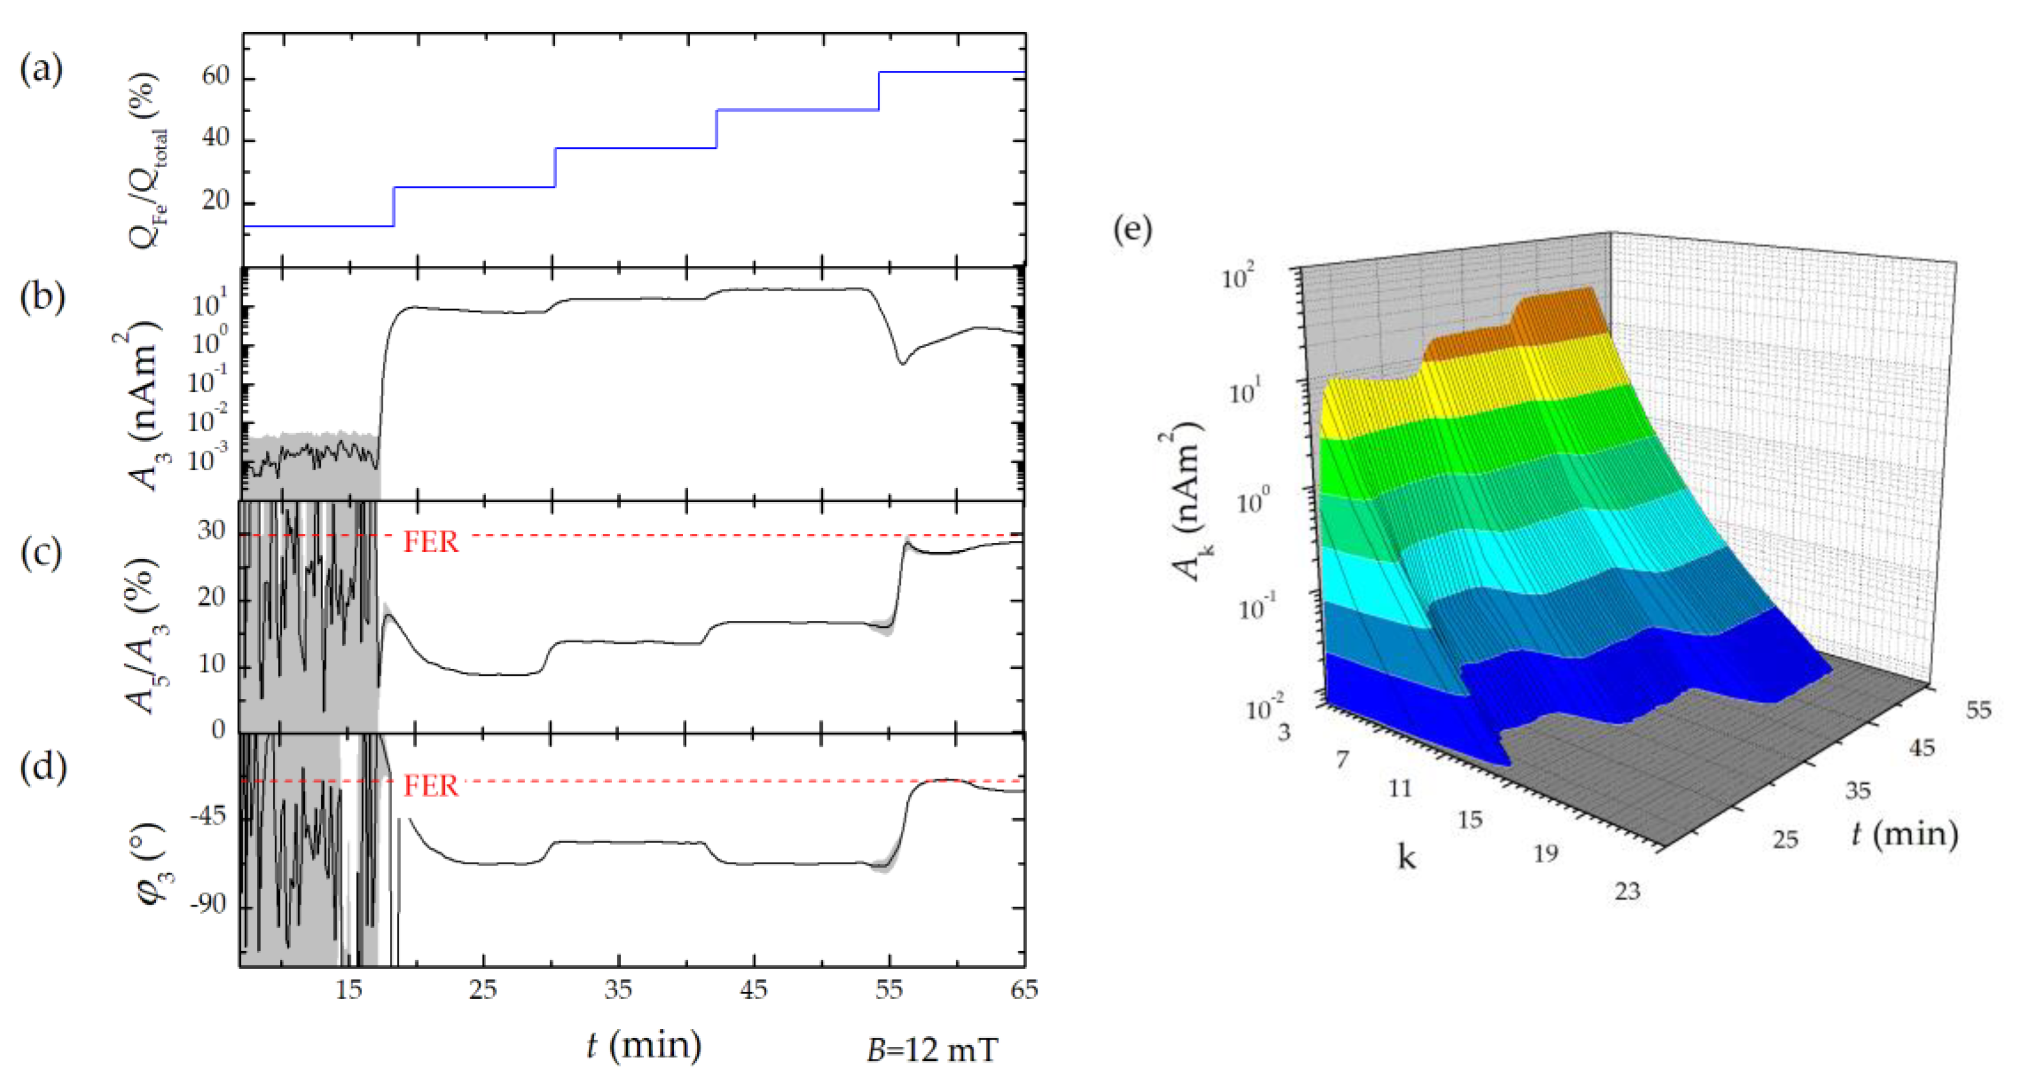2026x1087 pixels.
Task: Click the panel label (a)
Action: point(41,69)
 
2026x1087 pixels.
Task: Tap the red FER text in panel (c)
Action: point(430,542)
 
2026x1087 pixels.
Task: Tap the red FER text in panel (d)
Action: point(430,786)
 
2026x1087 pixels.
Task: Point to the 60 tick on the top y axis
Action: point(215,76)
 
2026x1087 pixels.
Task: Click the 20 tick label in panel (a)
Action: point(215,201)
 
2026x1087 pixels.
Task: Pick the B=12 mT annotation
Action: point(932,1050)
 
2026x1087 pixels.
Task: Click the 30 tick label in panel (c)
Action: point(211,531)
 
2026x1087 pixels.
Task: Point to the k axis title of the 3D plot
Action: point(1406,856)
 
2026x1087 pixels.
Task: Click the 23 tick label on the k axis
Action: point(1627,891)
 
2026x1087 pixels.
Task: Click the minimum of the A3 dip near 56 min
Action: point(903,363)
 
